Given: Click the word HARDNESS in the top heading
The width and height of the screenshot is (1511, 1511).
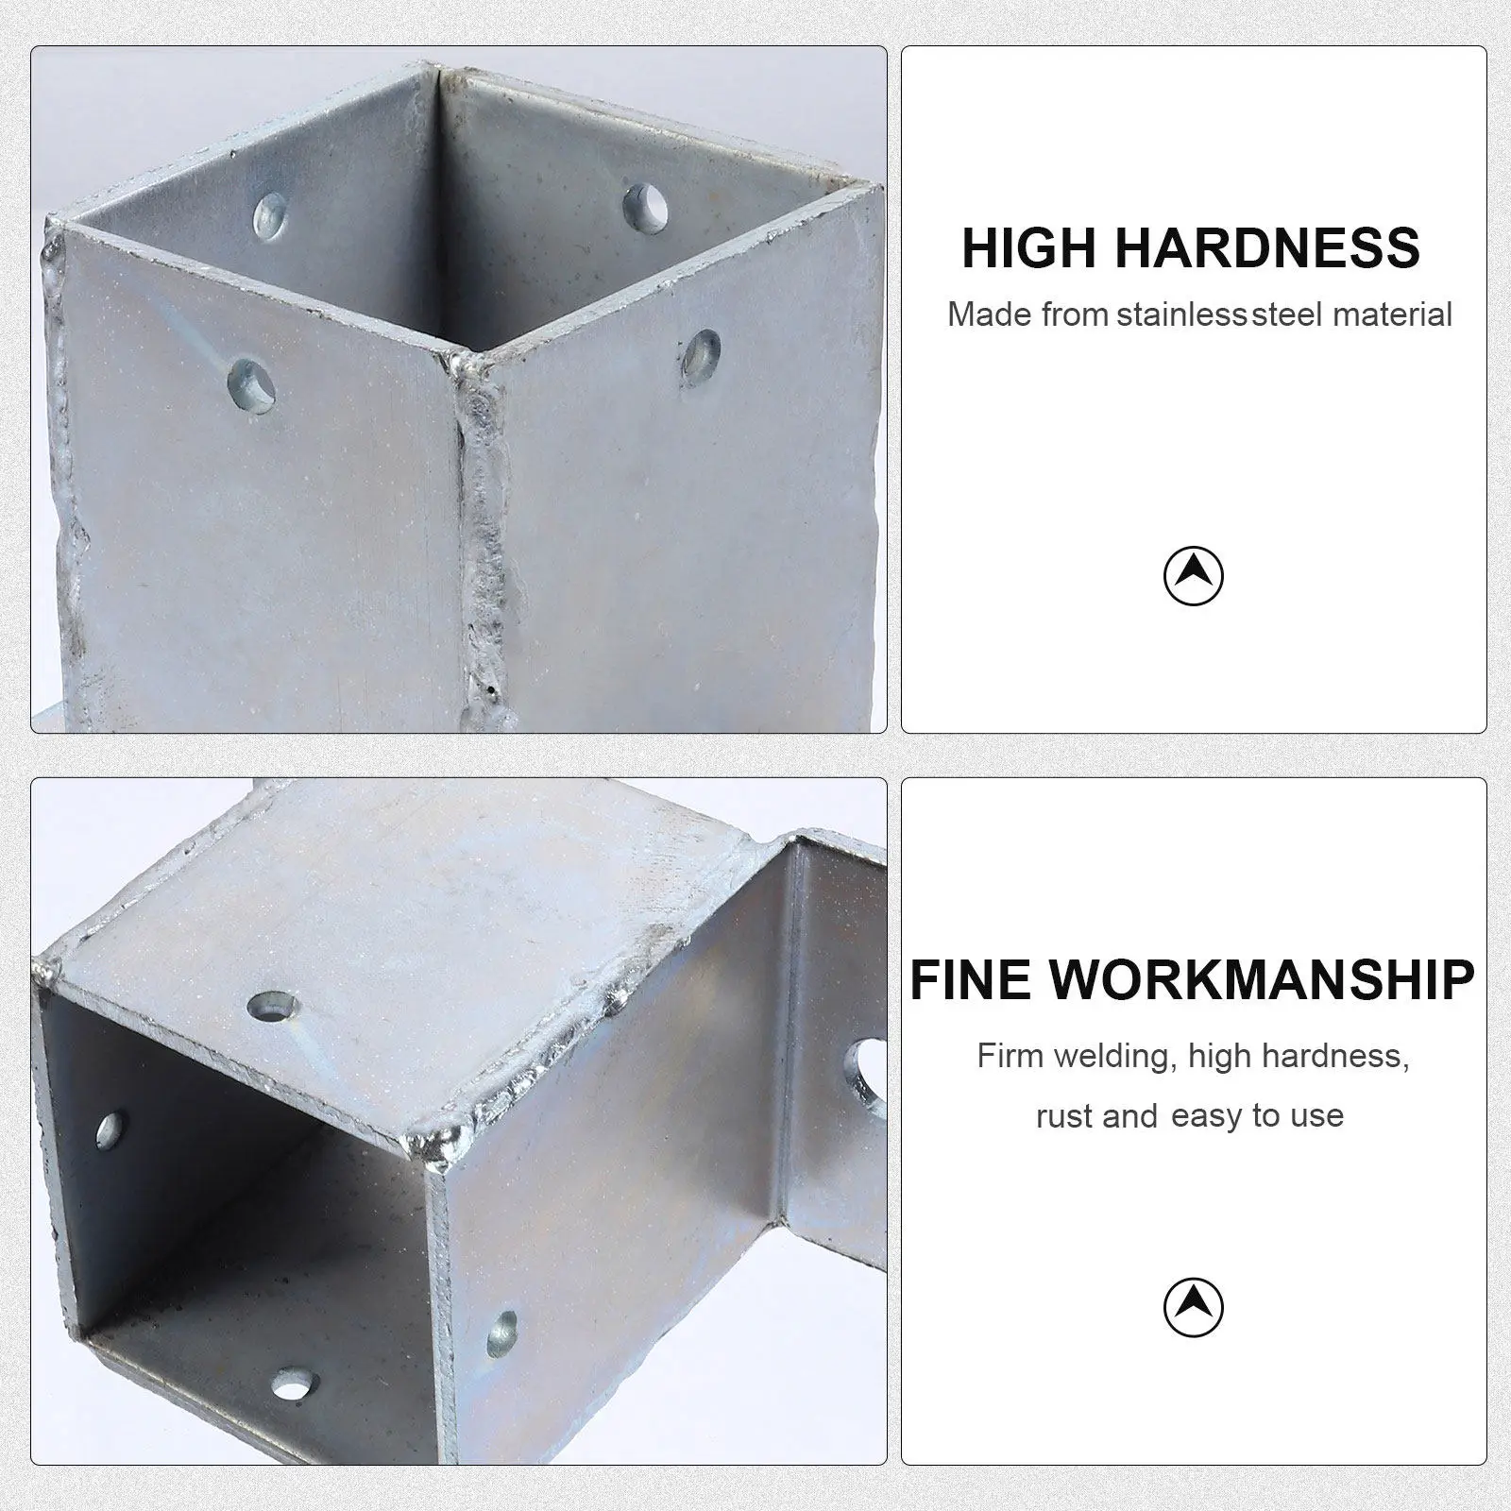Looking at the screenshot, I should pyautogui.click(x=1267, y=248).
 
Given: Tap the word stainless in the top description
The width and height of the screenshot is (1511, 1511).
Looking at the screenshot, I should pyautogui.click(x=1180, y=314).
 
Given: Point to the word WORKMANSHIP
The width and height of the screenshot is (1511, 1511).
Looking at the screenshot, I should pyautogui.click(x=1262, y=979).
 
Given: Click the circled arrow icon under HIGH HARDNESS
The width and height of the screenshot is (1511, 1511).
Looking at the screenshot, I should pyautogui.click(x=1193, y=575).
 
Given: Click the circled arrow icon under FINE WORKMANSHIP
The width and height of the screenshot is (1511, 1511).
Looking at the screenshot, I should pyautogui.click(x=1193, y=1307).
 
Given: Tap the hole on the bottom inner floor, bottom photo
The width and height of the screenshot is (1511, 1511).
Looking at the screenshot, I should pyautogui.click(x=293, y=1385).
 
